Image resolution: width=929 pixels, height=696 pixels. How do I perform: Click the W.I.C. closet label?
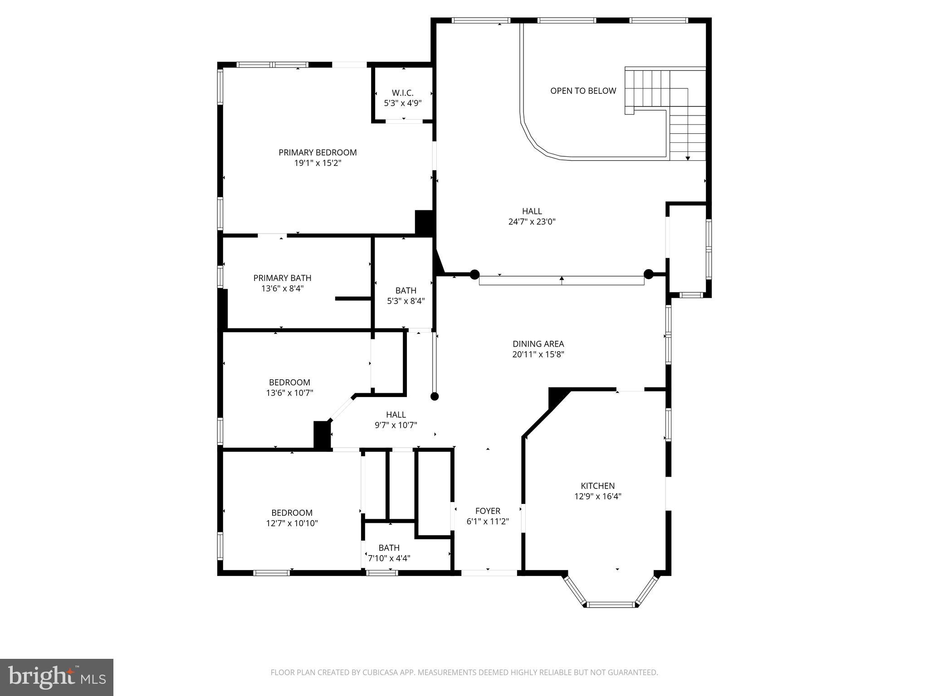click(x=403, y=93)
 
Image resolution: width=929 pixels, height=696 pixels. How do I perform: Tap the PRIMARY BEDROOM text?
click(x=318, y=153)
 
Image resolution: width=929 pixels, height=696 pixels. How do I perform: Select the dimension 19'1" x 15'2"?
click(x=318, y=163)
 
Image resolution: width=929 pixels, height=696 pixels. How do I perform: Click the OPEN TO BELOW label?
click(x=583, y=91)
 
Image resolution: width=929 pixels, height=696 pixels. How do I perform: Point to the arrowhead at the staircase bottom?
click(x=688, y=158)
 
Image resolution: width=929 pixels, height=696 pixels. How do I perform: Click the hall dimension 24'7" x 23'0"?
click(x=532, y=222)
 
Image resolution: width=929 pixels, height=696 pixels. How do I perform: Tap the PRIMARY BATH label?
click(x=282, y=278)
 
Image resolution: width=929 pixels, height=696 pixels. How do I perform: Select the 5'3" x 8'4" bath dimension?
click(x=406, y=300)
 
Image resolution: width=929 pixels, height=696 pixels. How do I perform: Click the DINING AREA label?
click(x=538, y=344)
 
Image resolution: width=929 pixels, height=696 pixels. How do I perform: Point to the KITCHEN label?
click(x=597, y=486)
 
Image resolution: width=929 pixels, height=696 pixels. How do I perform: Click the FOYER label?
click(x=488, y=511)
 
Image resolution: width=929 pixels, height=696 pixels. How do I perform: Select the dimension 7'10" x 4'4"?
click(x=389, y=558)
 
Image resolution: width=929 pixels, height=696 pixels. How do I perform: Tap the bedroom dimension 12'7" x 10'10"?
click(x=292, y=523)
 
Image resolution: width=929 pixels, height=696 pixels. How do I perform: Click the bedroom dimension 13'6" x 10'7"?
click(x=289, y=393)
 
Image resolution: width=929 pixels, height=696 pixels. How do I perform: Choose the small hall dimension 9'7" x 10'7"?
click(x=396, y=425)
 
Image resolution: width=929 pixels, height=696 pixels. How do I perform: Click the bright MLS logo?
click(x=57, y=677)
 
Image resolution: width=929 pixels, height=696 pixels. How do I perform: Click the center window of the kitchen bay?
click(x=611, y=604)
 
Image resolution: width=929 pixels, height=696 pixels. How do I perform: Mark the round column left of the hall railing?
click(x=474, y=274)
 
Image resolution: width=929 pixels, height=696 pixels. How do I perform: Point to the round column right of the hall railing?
click(x=649, y=274)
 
